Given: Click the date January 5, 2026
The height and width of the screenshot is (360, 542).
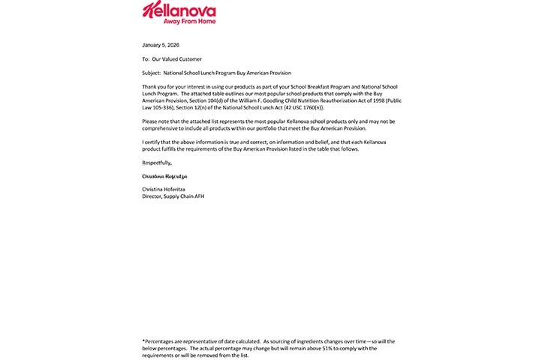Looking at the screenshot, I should [x=160, y=45].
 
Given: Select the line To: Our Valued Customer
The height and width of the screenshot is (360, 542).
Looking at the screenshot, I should [x=172, y=58].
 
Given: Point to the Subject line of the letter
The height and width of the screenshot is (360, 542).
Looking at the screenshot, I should [x=221, y=73].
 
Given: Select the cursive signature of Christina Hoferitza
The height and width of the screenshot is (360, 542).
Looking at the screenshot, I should [x=164, y=176].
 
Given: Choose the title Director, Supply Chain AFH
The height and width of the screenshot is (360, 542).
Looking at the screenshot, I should [x=173, y=196].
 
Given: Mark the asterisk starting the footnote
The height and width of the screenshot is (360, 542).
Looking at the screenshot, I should [x=143, y=341].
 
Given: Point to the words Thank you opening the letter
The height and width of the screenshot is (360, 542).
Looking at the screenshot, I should [x=152, y=87].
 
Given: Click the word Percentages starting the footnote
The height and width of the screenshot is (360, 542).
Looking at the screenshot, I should [x=160, y=342].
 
